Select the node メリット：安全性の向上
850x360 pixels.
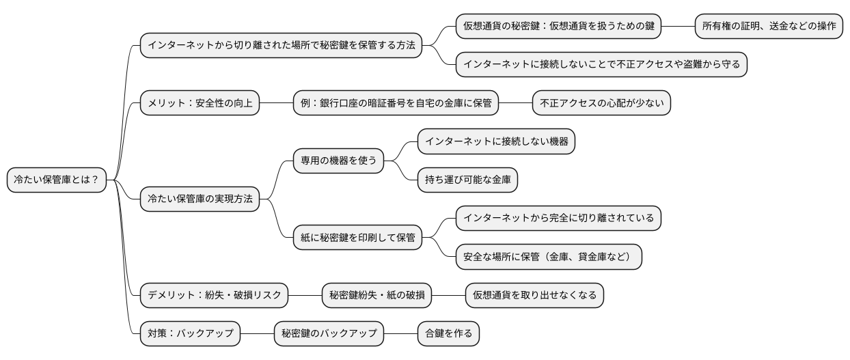200,103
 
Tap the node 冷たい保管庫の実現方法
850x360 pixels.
200,199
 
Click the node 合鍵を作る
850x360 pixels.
448,334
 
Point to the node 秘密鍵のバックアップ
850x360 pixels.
329,334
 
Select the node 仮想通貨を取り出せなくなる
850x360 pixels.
534,295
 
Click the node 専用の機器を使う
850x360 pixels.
339,161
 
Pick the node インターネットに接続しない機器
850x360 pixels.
496,141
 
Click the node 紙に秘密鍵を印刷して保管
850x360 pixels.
357,238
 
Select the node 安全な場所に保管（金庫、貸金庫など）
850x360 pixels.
549,257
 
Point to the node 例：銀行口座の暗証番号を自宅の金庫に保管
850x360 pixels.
396,103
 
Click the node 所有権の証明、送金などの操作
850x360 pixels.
769,26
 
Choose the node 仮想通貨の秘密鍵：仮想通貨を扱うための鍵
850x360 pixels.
558,26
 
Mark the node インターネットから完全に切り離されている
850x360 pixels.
558,218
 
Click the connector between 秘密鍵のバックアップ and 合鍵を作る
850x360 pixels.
400,334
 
